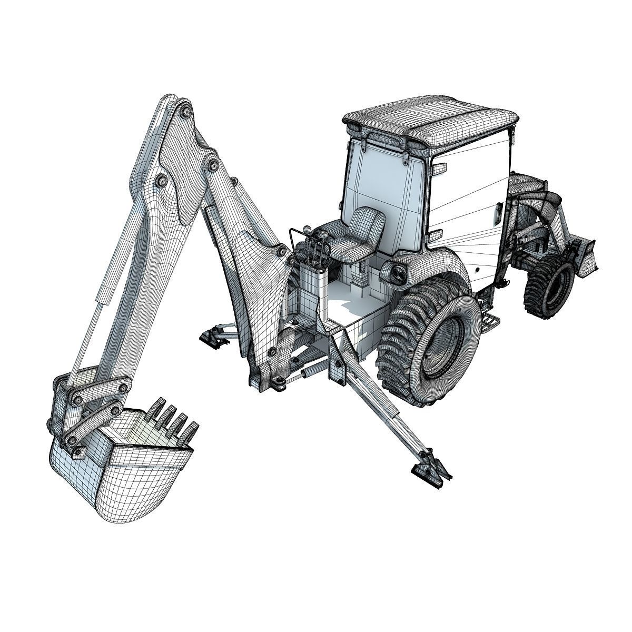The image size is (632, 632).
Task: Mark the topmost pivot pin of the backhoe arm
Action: (x=186, y=112)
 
